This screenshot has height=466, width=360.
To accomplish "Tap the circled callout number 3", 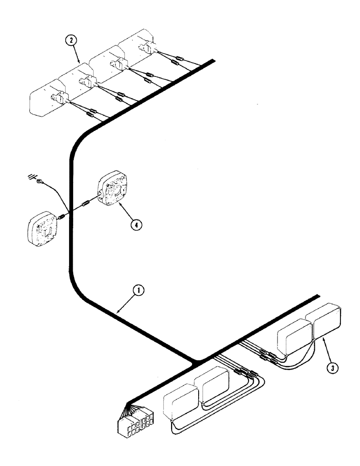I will (x=332, y=367).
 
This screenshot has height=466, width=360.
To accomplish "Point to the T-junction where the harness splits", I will (x=197, y=360).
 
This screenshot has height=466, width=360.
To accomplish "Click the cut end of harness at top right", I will (x=213, y=61).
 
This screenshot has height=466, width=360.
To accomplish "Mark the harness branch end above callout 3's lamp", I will (x=318, y=296).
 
